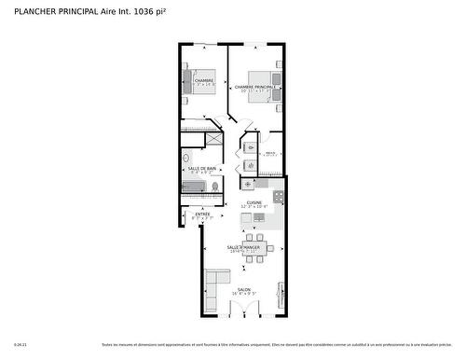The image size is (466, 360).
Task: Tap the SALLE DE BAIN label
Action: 202,168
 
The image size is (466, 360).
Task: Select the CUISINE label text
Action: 254,202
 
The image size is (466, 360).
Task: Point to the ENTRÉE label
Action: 202,214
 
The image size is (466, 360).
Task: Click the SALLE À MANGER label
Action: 242,247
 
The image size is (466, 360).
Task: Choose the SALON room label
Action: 243,289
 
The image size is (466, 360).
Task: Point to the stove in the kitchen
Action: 278,198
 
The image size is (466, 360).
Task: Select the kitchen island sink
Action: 259,218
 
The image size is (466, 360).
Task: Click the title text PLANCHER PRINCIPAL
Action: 57,10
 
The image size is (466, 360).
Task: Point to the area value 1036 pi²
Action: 152,10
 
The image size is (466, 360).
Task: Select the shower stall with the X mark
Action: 214,138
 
